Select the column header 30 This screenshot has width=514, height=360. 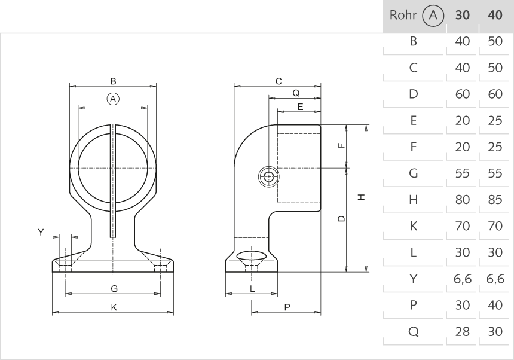(462, 16)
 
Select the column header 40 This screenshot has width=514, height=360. (495, 16)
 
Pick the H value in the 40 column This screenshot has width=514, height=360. (495, 200)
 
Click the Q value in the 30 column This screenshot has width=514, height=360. (462, 331)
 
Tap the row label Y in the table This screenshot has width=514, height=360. (412, 279)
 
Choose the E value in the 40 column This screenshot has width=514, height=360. (495, 121)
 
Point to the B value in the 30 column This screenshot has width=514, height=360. (462, 42)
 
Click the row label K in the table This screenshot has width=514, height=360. (412, 226)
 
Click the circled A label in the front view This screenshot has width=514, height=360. (112, 98)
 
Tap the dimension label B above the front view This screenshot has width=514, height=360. (112, 81)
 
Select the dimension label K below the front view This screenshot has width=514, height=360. (113, 307)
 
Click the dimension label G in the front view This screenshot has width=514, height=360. (113, 288)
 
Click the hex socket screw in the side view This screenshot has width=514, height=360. (270, 176)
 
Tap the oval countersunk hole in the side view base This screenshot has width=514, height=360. (252, 257)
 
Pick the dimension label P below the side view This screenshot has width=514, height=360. (287, 307)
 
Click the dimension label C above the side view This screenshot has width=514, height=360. (278, 81)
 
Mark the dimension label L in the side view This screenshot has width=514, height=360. (252, 288)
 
